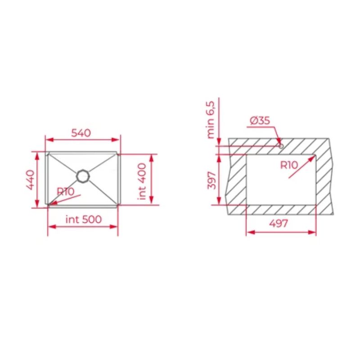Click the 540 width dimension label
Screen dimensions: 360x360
click(81, 133)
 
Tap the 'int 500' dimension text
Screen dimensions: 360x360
click(83, 220)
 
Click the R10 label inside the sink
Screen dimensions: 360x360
click(65, 191)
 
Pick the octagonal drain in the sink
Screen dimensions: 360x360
click(82, 175)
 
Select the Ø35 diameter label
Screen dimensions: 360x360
click(259, 121)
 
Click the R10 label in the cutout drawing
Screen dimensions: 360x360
click(289, 165)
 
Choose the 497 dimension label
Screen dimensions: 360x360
click(279, 224)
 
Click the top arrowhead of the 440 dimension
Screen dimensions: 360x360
click(38, 154)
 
